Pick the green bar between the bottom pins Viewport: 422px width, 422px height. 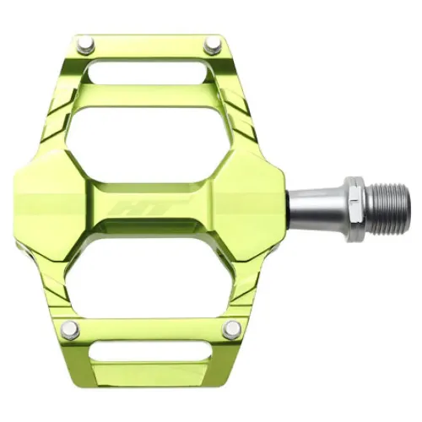click(152, 331)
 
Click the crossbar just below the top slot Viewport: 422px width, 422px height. click(156, 94)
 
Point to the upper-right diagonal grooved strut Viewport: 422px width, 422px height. click(245, 127)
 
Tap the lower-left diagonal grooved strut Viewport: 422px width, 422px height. click(51, 279)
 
